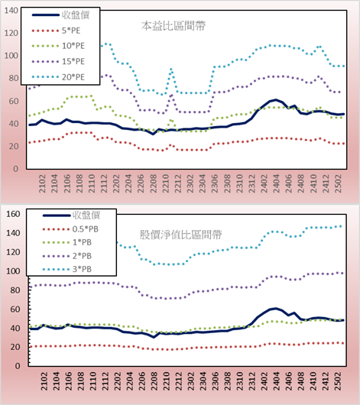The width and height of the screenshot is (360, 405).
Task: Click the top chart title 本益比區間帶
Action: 174,26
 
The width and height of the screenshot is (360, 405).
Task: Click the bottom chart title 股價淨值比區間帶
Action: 180,235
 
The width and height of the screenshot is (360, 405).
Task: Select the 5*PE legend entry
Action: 56,31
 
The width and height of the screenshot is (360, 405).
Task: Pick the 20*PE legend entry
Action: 58,77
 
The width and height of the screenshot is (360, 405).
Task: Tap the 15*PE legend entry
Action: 58,61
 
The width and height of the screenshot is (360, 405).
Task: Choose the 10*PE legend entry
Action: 58,46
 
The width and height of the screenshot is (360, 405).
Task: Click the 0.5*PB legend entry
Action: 70,229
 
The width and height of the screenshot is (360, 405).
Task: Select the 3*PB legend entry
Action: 67,269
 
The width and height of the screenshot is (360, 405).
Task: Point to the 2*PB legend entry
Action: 67,256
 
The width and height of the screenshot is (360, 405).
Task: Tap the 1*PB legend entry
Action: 67,242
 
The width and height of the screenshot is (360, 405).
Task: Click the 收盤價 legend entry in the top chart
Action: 60,15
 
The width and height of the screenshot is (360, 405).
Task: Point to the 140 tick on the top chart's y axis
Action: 11,11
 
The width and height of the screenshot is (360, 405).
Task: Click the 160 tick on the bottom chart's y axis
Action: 13,214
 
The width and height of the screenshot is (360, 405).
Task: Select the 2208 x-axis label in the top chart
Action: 154,183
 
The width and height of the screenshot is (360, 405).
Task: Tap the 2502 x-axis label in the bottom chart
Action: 338,381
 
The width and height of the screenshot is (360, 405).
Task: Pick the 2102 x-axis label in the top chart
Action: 42,183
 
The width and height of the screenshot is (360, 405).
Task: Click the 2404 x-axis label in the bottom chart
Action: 276,381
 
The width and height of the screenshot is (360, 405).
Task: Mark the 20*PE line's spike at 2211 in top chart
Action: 171,70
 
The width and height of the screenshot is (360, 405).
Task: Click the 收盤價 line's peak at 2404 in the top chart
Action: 276,99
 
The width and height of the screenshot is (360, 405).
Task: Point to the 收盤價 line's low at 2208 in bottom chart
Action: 154,337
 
